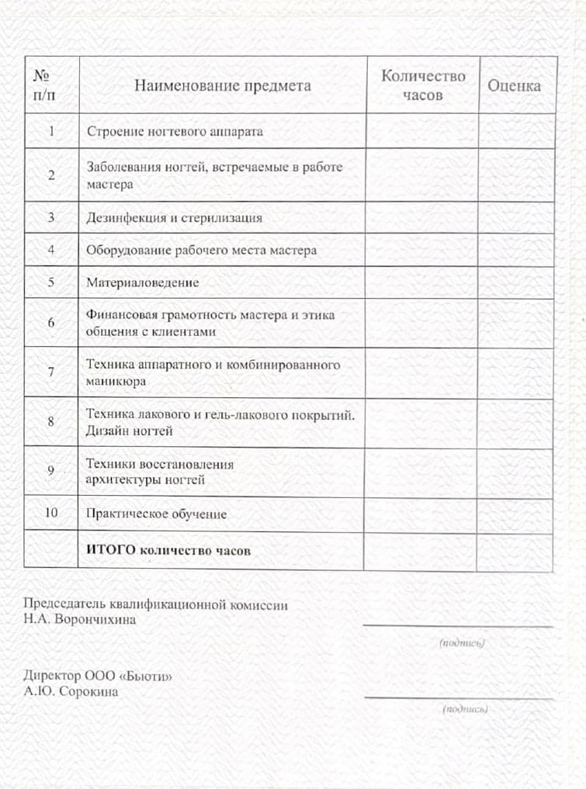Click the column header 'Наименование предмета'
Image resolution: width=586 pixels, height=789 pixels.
point(222,85)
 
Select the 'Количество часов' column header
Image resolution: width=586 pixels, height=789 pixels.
point(422,85)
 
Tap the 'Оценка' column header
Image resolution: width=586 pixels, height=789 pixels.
point(514,85)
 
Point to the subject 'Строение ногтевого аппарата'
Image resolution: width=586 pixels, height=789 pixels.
point(175,131)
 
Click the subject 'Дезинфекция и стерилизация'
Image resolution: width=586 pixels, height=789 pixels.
point(174,218)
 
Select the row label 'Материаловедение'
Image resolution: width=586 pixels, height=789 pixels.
point(142,282)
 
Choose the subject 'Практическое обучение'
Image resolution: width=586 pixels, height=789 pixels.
point(156,514)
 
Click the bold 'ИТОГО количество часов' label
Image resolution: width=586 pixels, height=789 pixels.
point(168,550)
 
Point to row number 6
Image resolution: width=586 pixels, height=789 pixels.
point(51,323)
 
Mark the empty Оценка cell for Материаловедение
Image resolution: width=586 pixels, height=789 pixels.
point(515,282)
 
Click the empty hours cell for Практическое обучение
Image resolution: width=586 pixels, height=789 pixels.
point(420,514)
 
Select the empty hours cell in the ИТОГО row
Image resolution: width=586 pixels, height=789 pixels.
point(420,551)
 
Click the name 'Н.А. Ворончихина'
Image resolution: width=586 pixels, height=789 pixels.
point(79,619)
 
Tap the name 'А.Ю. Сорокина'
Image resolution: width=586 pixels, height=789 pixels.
point(71,691)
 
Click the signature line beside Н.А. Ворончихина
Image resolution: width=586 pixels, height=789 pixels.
point(457,625)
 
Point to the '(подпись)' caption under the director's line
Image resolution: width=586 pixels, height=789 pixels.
point(465,708)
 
